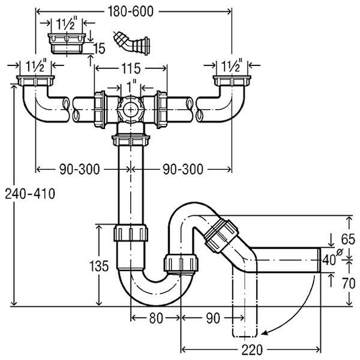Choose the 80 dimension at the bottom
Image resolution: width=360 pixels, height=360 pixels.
click(x=155, y=319)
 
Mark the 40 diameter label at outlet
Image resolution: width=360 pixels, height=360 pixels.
click(x=330, y=260)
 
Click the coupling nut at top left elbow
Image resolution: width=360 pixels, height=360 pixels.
click(x=37, y=82)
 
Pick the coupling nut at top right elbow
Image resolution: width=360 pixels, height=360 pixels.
click(x=230, y=82)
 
